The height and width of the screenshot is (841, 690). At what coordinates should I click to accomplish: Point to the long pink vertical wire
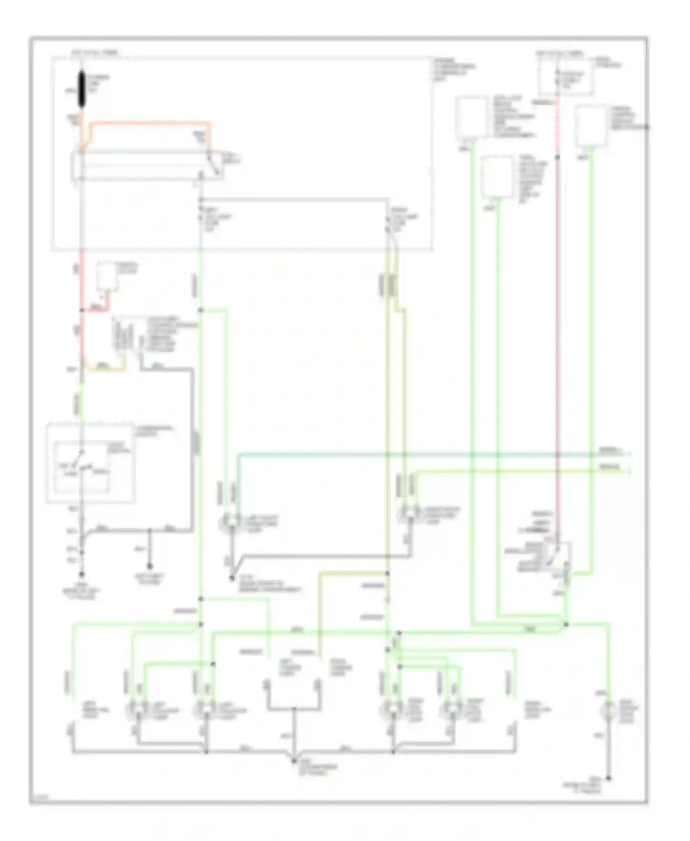[x=557, y=322]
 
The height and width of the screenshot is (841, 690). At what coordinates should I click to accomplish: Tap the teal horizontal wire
[x=414, y=455]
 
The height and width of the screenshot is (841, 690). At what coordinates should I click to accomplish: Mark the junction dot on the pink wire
[x=557, y=157]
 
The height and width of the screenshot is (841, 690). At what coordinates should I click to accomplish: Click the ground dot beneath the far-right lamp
[x=609, y=778]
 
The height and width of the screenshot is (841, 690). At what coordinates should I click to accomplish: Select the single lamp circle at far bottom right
[x=609, y=710]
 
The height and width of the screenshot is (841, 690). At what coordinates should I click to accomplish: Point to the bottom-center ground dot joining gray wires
[x=294, y=761]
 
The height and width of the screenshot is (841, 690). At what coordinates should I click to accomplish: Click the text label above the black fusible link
[x=94, y=53]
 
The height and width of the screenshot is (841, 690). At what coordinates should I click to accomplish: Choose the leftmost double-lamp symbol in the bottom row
[x=137, y=710]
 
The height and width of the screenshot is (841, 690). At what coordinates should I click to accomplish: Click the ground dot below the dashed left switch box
[x=82, y=574]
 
